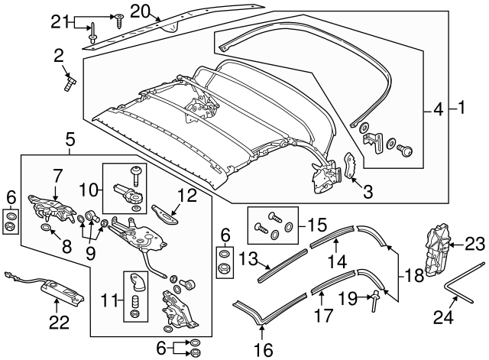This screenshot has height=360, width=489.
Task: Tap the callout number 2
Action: (59, 54)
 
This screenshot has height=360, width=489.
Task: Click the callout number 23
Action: (475, 244)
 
